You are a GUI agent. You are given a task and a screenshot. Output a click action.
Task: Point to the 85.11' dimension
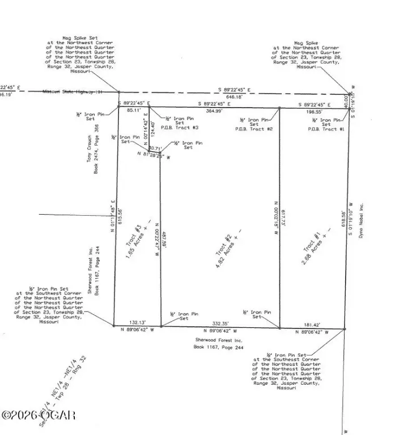tap(127, 110)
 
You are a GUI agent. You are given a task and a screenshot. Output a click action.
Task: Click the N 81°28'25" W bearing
tap(154, 155)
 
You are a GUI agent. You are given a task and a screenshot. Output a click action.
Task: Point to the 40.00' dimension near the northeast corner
tap(346, 101)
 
